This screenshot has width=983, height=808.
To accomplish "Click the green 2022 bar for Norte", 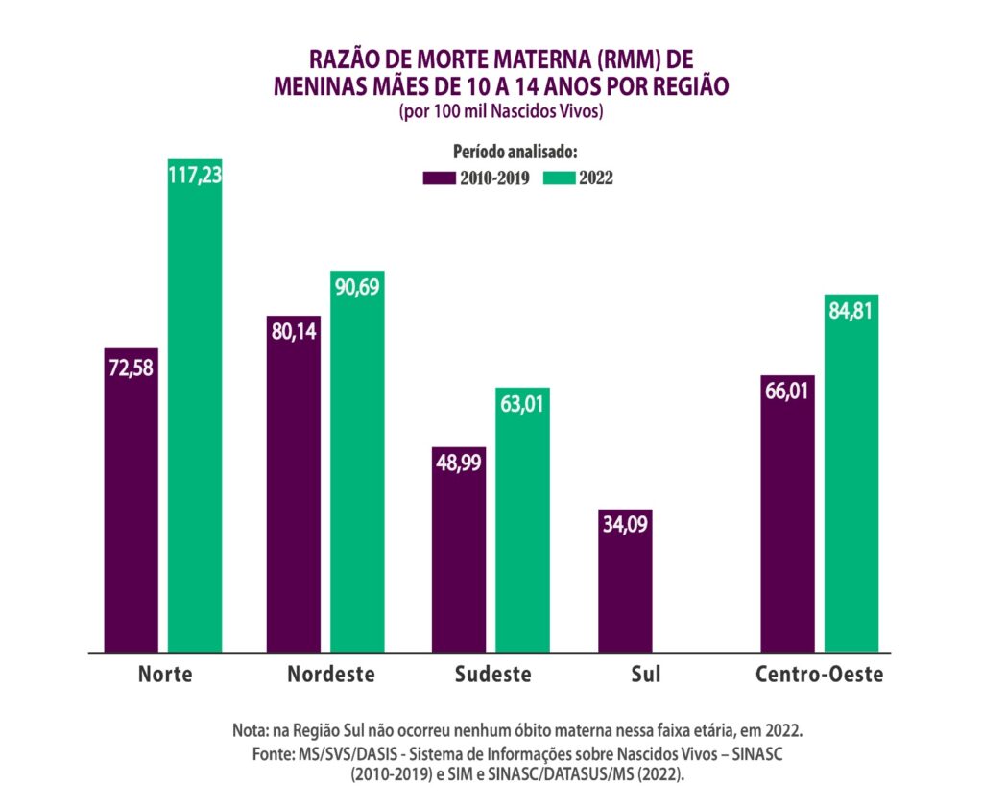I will [195, 413].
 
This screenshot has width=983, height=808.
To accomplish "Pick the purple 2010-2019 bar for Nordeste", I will [294, 489].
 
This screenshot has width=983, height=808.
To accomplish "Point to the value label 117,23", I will [195, 176].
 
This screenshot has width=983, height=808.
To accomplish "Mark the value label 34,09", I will [625, 526].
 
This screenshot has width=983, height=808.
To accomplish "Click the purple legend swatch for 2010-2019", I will [438, 178].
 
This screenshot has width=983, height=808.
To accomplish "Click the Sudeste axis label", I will [492, 674].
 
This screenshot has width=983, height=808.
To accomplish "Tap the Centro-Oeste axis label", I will [819, 674].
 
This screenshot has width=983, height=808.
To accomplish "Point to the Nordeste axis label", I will [330, 674].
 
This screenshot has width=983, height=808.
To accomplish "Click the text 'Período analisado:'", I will [514, 152].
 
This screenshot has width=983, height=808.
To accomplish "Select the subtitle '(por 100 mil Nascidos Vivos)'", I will [500, 112].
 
